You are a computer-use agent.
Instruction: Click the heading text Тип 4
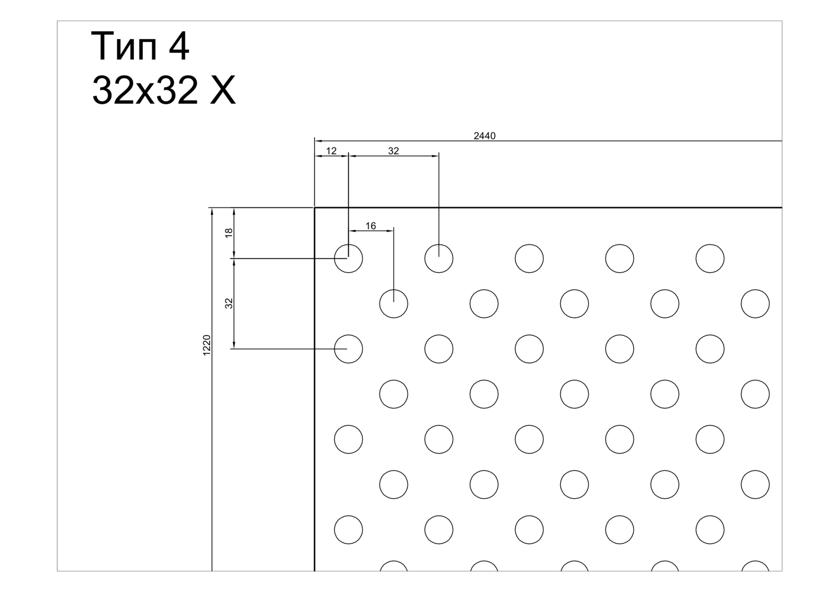point(140,47)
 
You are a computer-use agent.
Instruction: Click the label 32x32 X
point(164,90)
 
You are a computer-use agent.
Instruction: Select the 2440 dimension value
point(484,136)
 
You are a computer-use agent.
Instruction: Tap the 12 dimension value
point(331,151)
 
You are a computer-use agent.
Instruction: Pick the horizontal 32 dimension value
point(394,151)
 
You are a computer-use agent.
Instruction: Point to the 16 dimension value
point(371,226)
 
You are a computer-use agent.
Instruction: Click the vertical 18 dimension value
point(229,233)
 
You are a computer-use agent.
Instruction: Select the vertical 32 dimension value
point(229,303)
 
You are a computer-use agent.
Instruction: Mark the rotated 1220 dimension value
point(207,345)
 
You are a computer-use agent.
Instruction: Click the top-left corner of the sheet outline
point(314,207)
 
